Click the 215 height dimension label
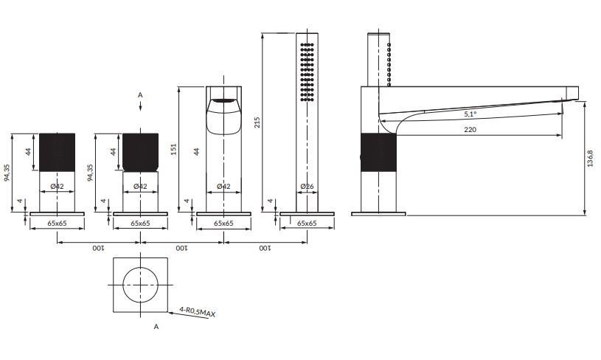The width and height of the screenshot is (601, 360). click(x=257, y=122)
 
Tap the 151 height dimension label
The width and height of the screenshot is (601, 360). click(x=173, y=149)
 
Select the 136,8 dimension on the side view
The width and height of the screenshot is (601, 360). click(x=590, y=158)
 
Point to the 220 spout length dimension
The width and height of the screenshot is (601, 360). click(x=470, y=130)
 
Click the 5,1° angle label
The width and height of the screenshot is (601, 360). click(x=470, y=114)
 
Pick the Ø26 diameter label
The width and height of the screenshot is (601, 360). click(x=307, y=187)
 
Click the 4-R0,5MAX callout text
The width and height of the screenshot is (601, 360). click(x=198, y=311)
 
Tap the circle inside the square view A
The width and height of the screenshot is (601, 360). click(x=140, y=285)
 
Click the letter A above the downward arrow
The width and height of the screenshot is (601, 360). click(x=140, y=94)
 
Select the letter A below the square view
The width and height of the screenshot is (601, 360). click(x=156, y=327)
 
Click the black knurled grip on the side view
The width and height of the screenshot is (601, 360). click(x=378, y=153)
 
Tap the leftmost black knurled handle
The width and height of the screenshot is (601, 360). click(x=57, y=152)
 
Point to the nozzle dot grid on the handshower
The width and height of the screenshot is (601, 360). click(x=307, y=72)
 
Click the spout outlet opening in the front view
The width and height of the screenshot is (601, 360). click(x=224, y=101)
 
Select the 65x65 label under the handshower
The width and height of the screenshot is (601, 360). click(x=307, y=223)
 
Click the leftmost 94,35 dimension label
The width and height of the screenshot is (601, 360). click(x=7, y=173)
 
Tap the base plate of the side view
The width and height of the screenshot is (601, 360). click(x=378, y=213)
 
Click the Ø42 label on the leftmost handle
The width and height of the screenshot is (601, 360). click(x=57, y=187)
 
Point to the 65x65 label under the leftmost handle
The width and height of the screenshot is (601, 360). click(x=57, y=223)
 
